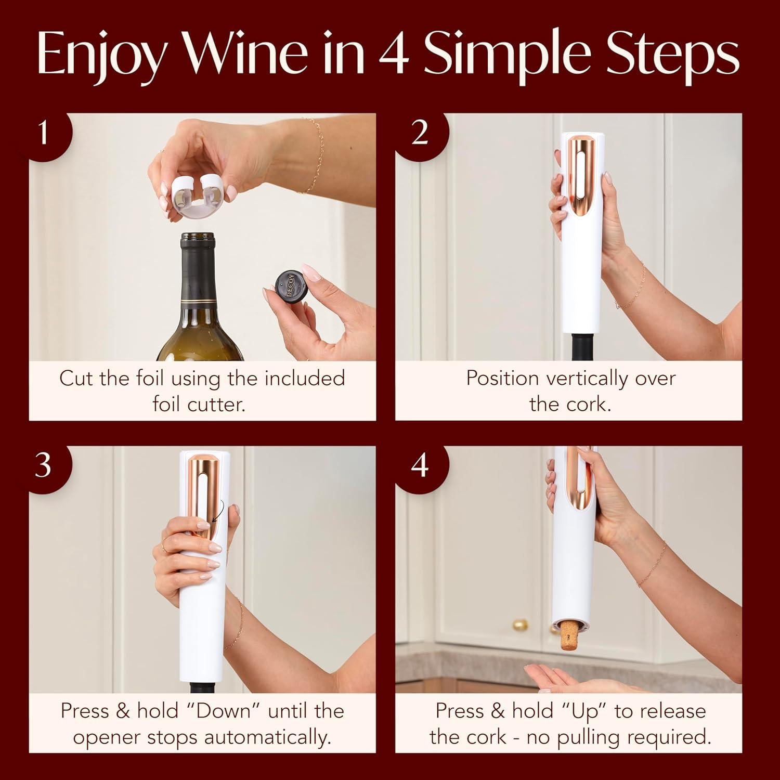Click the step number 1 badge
(x=44, y=133)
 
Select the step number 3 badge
(x=44, y=464)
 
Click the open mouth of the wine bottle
(x=199, y=237)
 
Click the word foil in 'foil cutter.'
(x=165, y=404)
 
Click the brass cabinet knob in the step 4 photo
(x=519, y=624)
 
